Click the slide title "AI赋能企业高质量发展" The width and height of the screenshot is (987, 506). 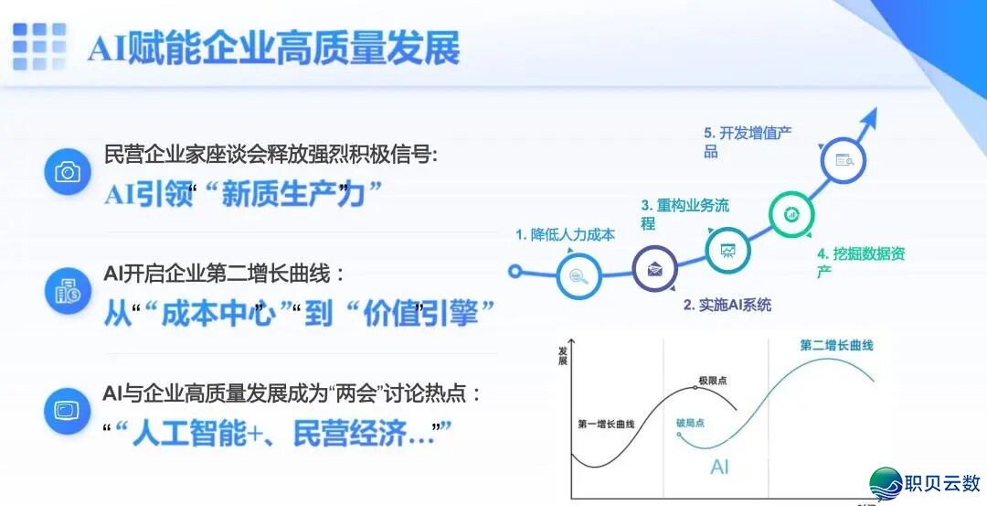point(273,48)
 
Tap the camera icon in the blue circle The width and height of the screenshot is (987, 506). point(68,172)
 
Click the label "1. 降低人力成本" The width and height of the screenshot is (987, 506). point(565,235)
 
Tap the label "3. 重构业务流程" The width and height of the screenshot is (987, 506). point(685,214)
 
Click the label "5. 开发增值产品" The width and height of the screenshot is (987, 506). point(747,142)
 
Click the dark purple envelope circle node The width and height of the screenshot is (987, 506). point(655,269)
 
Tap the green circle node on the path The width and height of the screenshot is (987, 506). point(790,214)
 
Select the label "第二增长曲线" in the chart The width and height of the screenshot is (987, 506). point(836,346)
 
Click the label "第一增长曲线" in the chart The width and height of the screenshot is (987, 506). point(606,425)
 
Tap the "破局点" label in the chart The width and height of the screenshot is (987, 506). point(690,423)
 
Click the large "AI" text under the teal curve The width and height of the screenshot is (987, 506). point(720,468)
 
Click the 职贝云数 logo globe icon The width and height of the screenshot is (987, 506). point(886,483)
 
